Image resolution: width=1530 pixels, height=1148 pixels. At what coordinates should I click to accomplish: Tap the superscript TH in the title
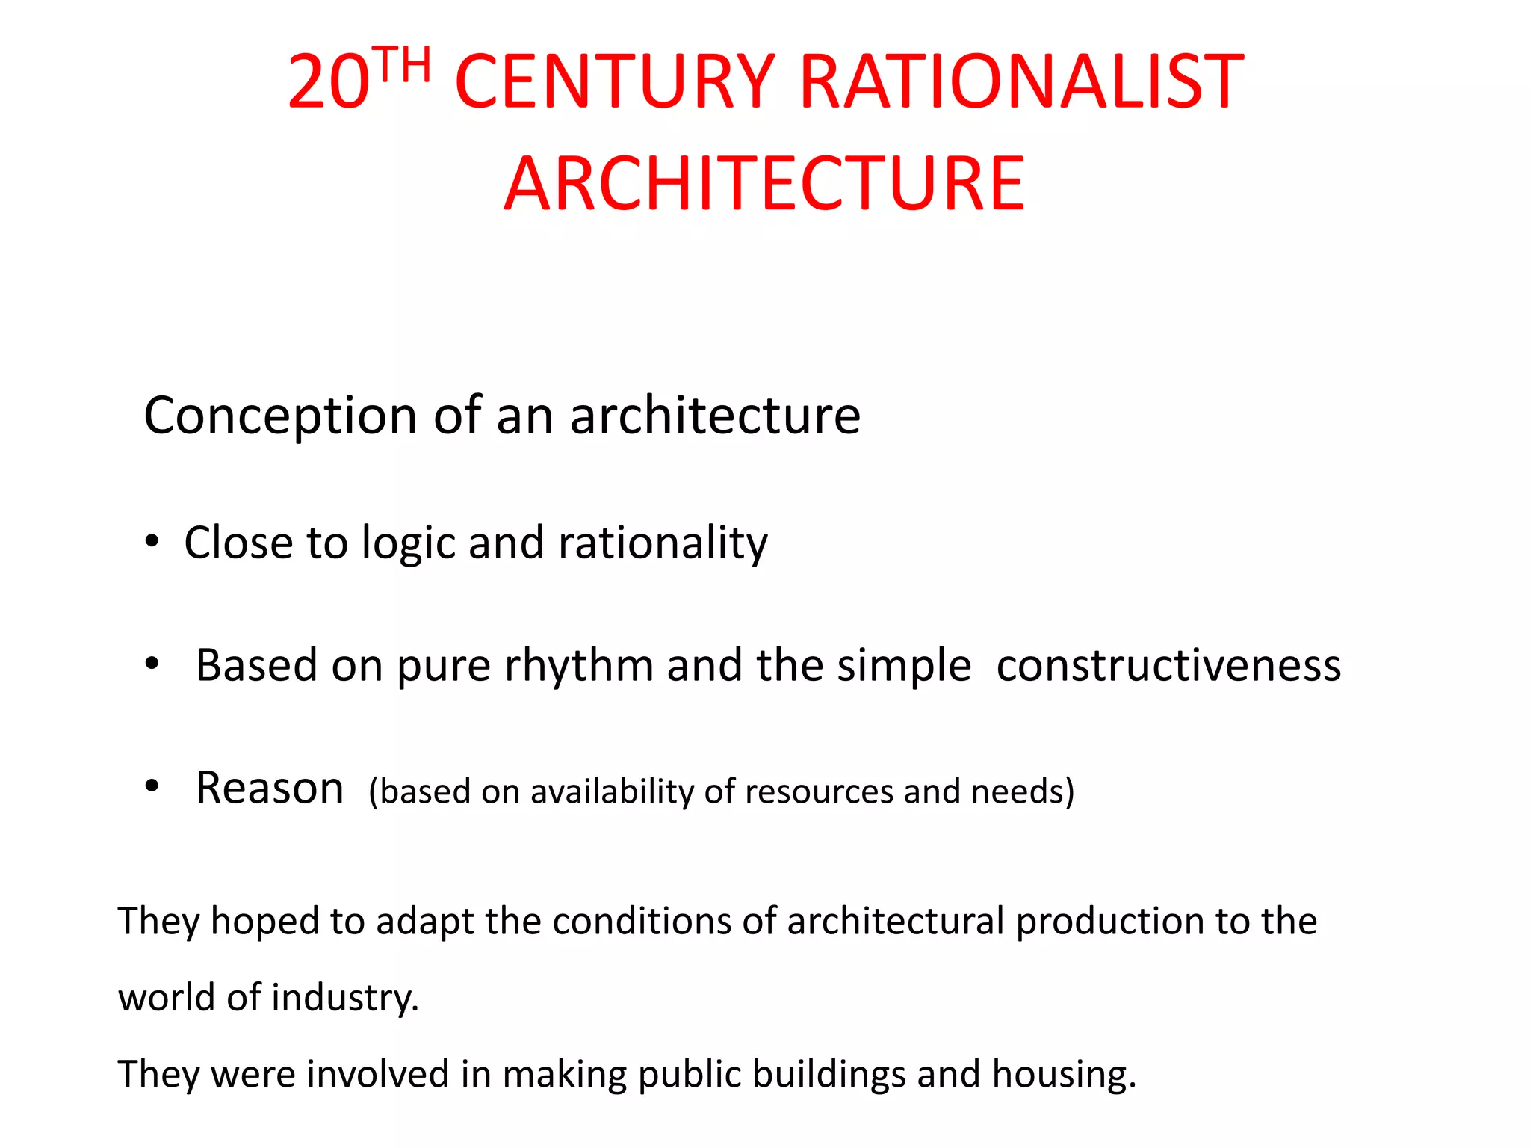tap(403, 65)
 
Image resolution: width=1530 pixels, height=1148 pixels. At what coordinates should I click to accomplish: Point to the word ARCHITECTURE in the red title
tap(764, 184)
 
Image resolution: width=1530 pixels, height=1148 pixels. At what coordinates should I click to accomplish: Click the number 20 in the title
tap(329, 82)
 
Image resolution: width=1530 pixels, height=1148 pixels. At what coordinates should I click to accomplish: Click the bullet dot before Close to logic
tap(152, 541)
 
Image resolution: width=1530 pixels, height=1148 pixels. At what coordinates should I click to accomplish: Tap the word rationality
tap(663, 543)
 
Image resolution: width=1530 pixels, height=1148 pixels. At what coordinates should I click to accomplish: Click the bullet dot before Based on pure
tap(152, 664)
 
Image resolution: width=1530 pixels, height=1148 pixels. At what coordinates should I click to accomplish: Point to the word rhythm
tap(579, 666)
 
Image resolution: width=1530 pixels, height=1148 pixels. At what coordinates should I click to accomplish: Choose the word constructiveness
tap(1168, 666)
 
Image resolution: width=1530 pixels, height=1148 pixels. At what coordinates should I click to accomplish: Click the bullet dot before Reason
tap(152, 786)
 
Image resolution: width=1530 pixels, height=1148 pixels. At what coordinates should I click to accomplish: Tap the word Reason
tap(270, 788)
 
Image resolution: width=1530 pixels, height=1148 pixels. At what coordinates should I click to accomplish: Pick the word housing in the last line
tap(1064, 1075)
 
